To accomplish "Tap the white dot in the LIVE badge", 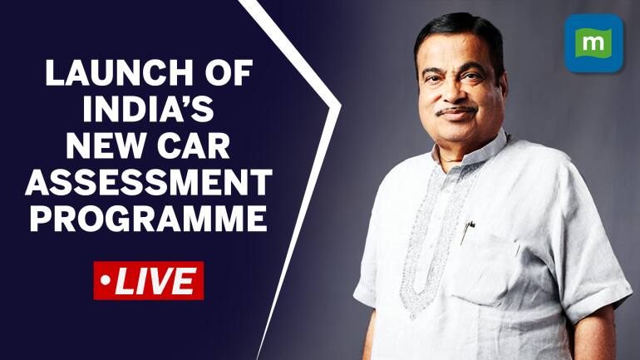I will (x=105, y=281).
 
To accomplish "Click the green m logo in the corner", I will (x=593, y=43).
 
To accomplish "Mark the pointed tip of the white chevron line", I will (x=340, y=106).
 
